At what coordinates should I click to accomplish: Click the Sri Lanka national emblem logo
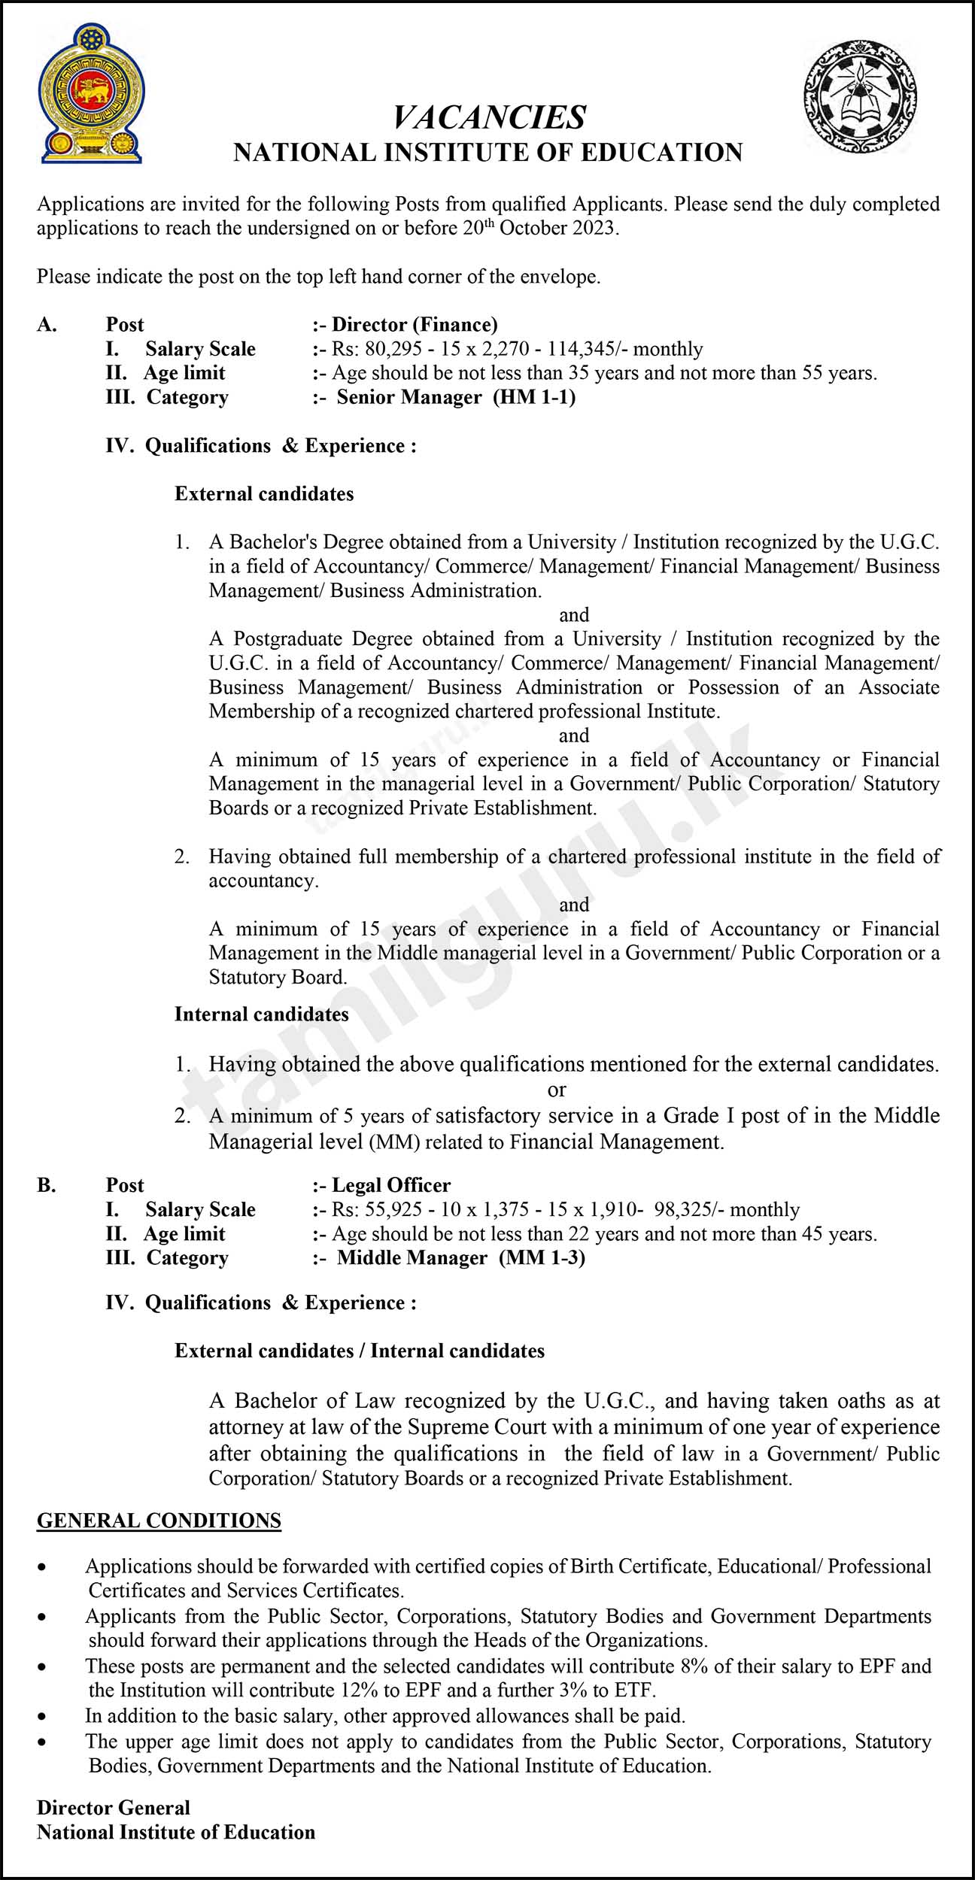coord(92,94)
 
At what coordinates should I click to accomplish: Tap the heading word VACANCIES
coord(489,117)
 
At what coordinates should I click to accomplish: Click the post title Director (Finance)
coord(415,325)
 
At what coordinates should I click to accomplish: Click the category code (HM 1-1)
coord(534,397)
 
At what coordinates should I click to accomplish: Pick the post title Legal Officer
coord(391,1185)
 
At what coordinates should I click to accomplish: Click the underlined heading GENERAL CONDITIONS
coord(159,1521)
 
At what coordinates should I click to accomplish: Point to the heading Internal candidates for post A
coord(262,1014)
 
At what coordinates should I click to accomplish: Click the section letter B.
coord(46,1185)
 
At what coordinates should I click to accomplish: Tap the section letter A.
coord(46,325)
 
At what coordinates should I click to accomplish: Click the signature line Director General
coord(114,1808)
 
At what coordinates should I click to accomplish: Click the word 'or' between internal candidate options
coord(557,1090)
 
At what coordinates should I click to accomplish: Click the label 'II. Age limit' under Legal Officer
coord(166,1233)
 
